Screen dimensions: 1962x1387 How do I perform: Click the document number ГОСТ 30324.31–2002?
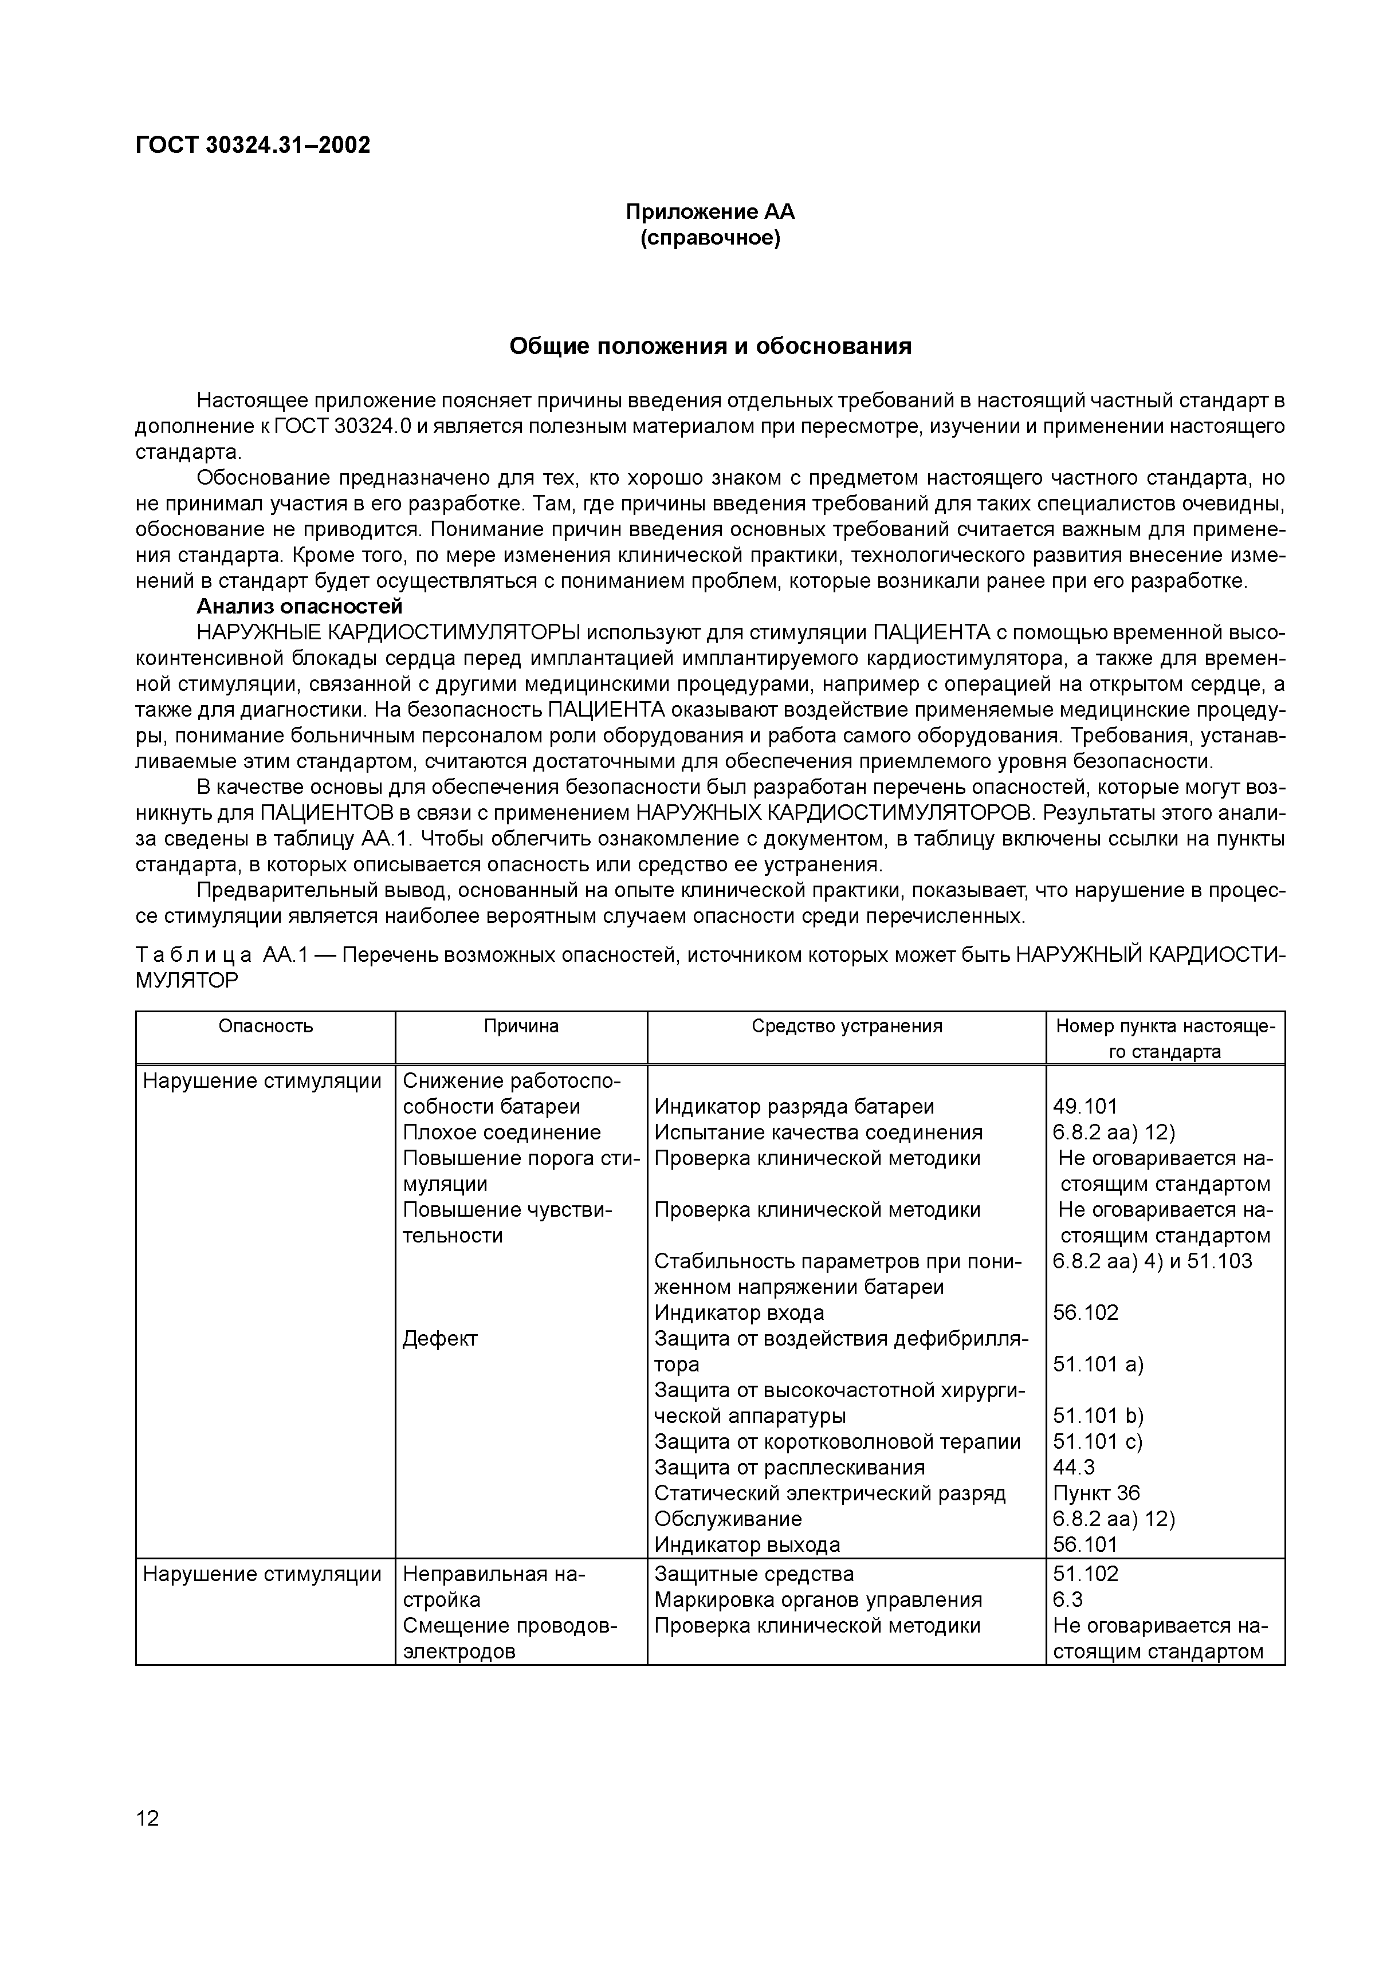pyautogui.click(x=253, y=146)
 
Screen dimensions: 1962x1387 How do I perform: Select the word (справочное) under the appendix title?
pyautogui.click(x=710, y=238)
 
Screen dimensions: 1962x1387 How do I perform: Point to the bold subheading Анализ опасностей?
pyautogui.click(x=299, y=607)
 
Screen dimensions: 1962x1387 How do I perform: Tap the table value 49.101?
pyautogui.click(x=1085, y=1107)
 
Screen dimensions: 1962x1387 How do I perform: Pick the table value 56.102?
pyautogui.click(x=1085, y=1312)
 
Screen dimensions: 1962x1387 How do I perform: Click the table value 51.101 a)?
pyautogui.click(x=1098, y=1364)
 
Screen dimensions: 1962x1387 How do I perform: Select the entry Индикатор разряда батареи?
pyautogui.click(x=794, y=1107)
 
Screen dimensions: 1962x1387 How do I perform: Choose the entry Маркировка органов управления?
pyautogui.click(x=818, y=1600)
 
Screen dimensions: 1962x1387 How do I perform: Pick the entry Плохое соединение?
pyautogui.click(x=502, y=1133)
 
